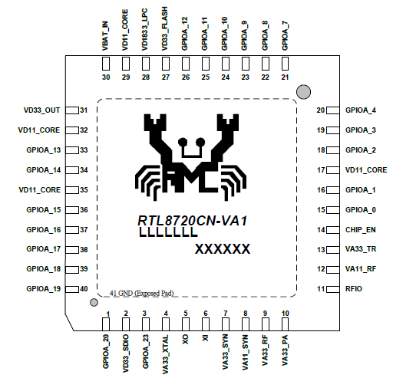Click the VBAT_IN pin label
pyautogui.click(x=105, y=36)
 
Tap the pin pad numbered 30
pyautogui.click(x=106, y=64)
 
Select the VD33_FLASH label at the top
pyautogui.click(x=165, y=28)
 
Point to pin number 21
pyautogui.click(x=285, y=77)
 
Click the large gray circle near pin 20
pyautogui.click(x=303, y=92)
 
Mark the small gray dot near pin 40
pyautogui.click(x=94, y=303)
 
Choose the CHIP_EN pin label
pyautogui.click(x=361, y=230)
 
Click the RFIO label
pyautogui.click(x=354, y=289)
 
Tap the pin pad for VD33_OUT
pyautogui.click(x=72, y=110)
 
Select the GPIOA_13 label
pyautogui.click(x=44, y=150)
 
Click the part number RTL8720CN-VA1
pyautogui.click(x=193, y=221)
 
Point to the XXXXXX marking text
pyautogui.click(x=223, y=249)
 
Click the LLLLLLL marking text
pyautogui.click(x=168, y=232)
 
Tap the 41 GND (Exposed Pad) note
pyautogui.click(x=142, y=293)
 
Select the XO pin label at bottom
pyautogui.click(x=185, y=340)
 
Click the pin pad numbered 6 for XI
pyautogui.click(x=206, y=324)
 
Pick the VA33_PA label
pyautogui.click(x=285, y=350)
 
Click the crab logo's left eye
pyautogui.click(x=183, y=142)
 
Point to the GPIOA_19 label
pyautogui.click(x=44, y=289)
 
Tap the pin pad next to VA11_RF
pyautogui.click(x=333, y=269)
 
